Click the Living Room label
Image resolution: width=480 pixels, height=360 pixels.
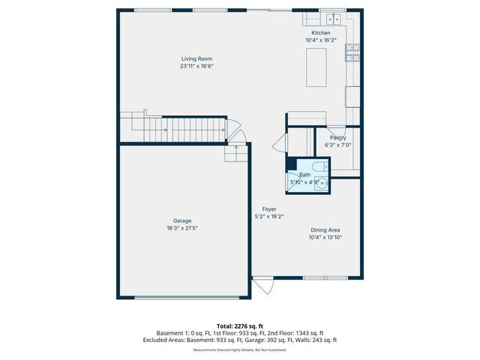pos(197,58)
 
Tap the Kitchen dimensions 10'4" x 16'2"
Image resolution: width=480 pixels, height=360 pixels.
pos(321,40)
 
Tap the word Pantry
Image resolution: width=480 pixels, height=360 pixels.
pos(337,137)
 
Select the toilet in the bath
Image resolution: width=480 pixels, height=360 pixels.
pos(317,166)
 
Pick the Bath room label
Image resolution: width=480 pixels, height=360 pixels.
pos(304,175)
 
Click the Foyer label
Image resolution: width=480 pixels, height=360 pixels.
pos(268,209)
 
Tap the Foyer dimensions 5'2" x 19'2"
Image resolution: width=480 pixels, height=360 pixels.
pos(268,217)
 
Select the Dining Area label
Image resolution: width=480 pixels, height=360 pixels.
pos(325,230)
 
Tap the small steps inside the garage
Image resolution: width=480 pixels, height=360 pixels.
pos(235,154)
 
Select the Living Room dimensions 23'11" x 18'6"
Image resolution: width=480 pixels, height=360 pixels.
pos(197,66)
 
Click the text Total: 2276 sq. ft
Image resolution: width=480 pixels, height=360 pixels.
pos(239,326)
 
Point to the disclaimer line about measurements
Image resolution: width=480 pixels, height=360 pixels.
pos(239,349)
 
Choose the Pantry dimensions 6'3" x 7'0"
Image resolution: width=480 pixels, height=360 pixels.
pos(337,145)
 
